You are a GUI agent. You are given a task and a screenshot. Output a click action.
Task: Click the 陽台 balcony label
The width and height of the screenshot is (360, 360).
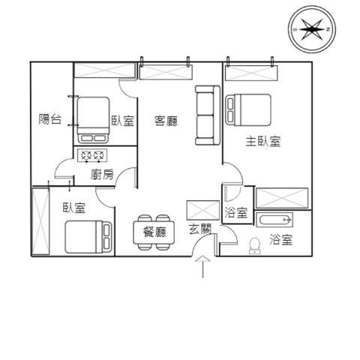(x=50, y=119)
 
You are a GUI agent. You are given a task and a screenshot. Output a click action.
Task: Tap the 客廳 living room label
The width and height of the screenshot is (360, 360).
(x=166, y=121)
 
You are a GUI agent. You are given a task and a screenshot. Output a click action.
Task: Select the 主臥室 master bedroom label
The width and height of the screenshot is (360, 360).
(x=263, y=141)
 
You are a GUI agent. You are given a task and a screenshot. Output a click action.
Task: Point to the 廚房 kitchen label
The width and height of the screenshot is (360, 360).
(x=102, y=174)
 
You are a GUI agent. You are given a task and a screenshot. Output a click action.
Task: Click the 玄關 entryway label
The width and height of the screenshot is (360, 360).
(x=200, y=229)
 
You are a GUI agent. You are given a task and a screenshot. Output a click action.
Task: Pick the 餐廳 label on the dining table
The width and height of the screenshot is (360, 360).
(x=154, y=232)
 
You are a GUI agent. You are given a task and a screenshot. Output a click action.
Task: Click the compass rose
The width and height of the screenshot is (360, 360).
(x=312, y=29)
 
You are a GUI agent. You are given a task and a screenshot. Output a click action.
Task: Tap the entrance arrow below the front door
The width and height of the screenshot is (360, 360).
(x=202, y=266)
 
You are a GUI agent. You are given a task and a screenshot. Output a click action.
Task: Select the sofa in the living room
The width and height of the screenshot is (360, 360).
(x=208, y=115)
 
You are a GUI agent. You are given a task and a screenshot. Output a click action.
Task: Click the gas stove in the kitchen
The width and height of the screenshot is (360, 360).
(x=92, y=156)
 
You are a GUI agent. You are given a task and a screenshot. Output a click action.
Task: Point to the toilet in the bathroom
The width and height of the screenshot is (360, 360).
(x=255, y=246)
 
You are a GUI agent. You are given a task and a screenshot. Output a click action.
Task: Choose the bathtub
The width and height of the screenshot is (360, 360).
(x=274, y=220)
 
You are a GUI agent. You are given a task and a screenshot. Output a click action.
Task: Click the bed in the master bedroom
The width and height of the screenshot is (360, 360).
(x=248, y=109)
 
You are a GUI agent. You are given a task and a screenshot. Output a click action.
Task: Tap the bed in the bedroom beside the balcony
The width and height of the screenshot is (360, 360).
(x=93, y=120)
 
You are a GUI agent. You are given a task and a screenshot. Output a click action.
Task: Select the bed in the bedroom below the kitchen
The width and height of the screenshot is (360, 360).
(x=88, y=237)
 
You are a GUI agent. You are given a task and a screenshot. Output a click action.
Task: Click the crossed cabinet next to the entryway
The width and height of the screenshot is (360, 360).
(x=203, y=210)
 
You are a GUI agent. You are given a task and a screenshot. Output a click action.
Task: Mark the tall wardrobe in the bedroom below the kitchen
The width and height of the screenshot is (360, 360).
(x=40, y=222)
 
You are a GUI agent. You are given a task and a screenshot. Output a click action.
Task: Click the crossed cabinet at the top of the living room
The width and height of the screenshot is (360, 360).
(x=166, y=73)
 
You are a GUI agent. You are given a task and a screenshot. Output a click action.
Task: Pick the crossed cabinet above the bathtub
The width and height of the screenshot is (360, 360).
(x=282, y=198)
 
